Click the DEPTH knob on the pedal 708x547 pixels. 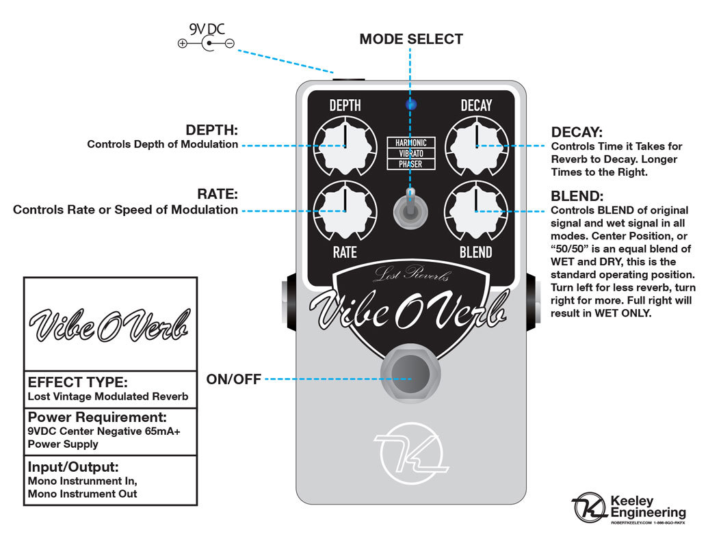click(x=345, y=146)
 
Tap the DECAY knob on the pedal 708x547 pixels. click(x=476, y=146)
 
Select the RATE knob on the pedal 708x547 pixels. click(x=345, y=211)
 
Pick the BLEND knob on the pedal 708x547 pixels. click(x=476, y=211)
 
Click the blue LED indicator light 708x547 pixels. click(x=411, y=105)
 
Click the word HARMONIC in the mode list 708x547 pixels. click(x=410, y=142)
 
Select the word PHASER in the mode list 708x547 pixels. click(x=410, y=164)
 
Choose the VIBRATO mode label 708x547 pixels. click(x=410, y=153)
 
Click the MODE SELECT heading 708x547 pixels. click(x=411, y=39)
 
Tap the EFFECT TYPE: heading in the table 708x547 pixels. click(x=77, y=382)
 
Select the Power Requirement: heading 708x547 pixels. click(x=96, y=417)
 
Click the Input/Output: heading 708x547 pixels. click(x=73, y=467)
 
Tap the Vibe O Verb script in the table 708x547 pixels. click(x=110, y=324)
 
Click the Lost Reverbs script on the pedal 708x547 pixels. click(x=411, y=275)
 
